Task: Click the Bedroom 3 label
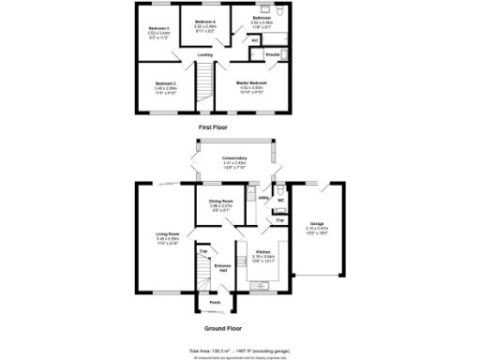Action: click(x=157, y=28)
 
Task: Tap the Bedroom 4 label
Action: click(x=204, y=21)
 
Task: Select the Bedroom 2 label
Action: click(x=166, y=84)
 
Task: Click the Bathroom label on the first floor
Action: click(x=262, y=18)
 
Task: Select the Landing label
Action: click(x=203, y=55)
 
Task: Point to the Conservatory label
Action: click(x=233, y=158)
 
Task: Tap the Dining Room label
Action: click(x=220, y=202)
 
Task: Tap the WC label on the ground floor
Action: click(x=280, y=201)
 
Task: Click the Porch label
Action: click(x=214, y=303)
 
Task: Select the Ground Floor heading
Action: click(x=223, y=329)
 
